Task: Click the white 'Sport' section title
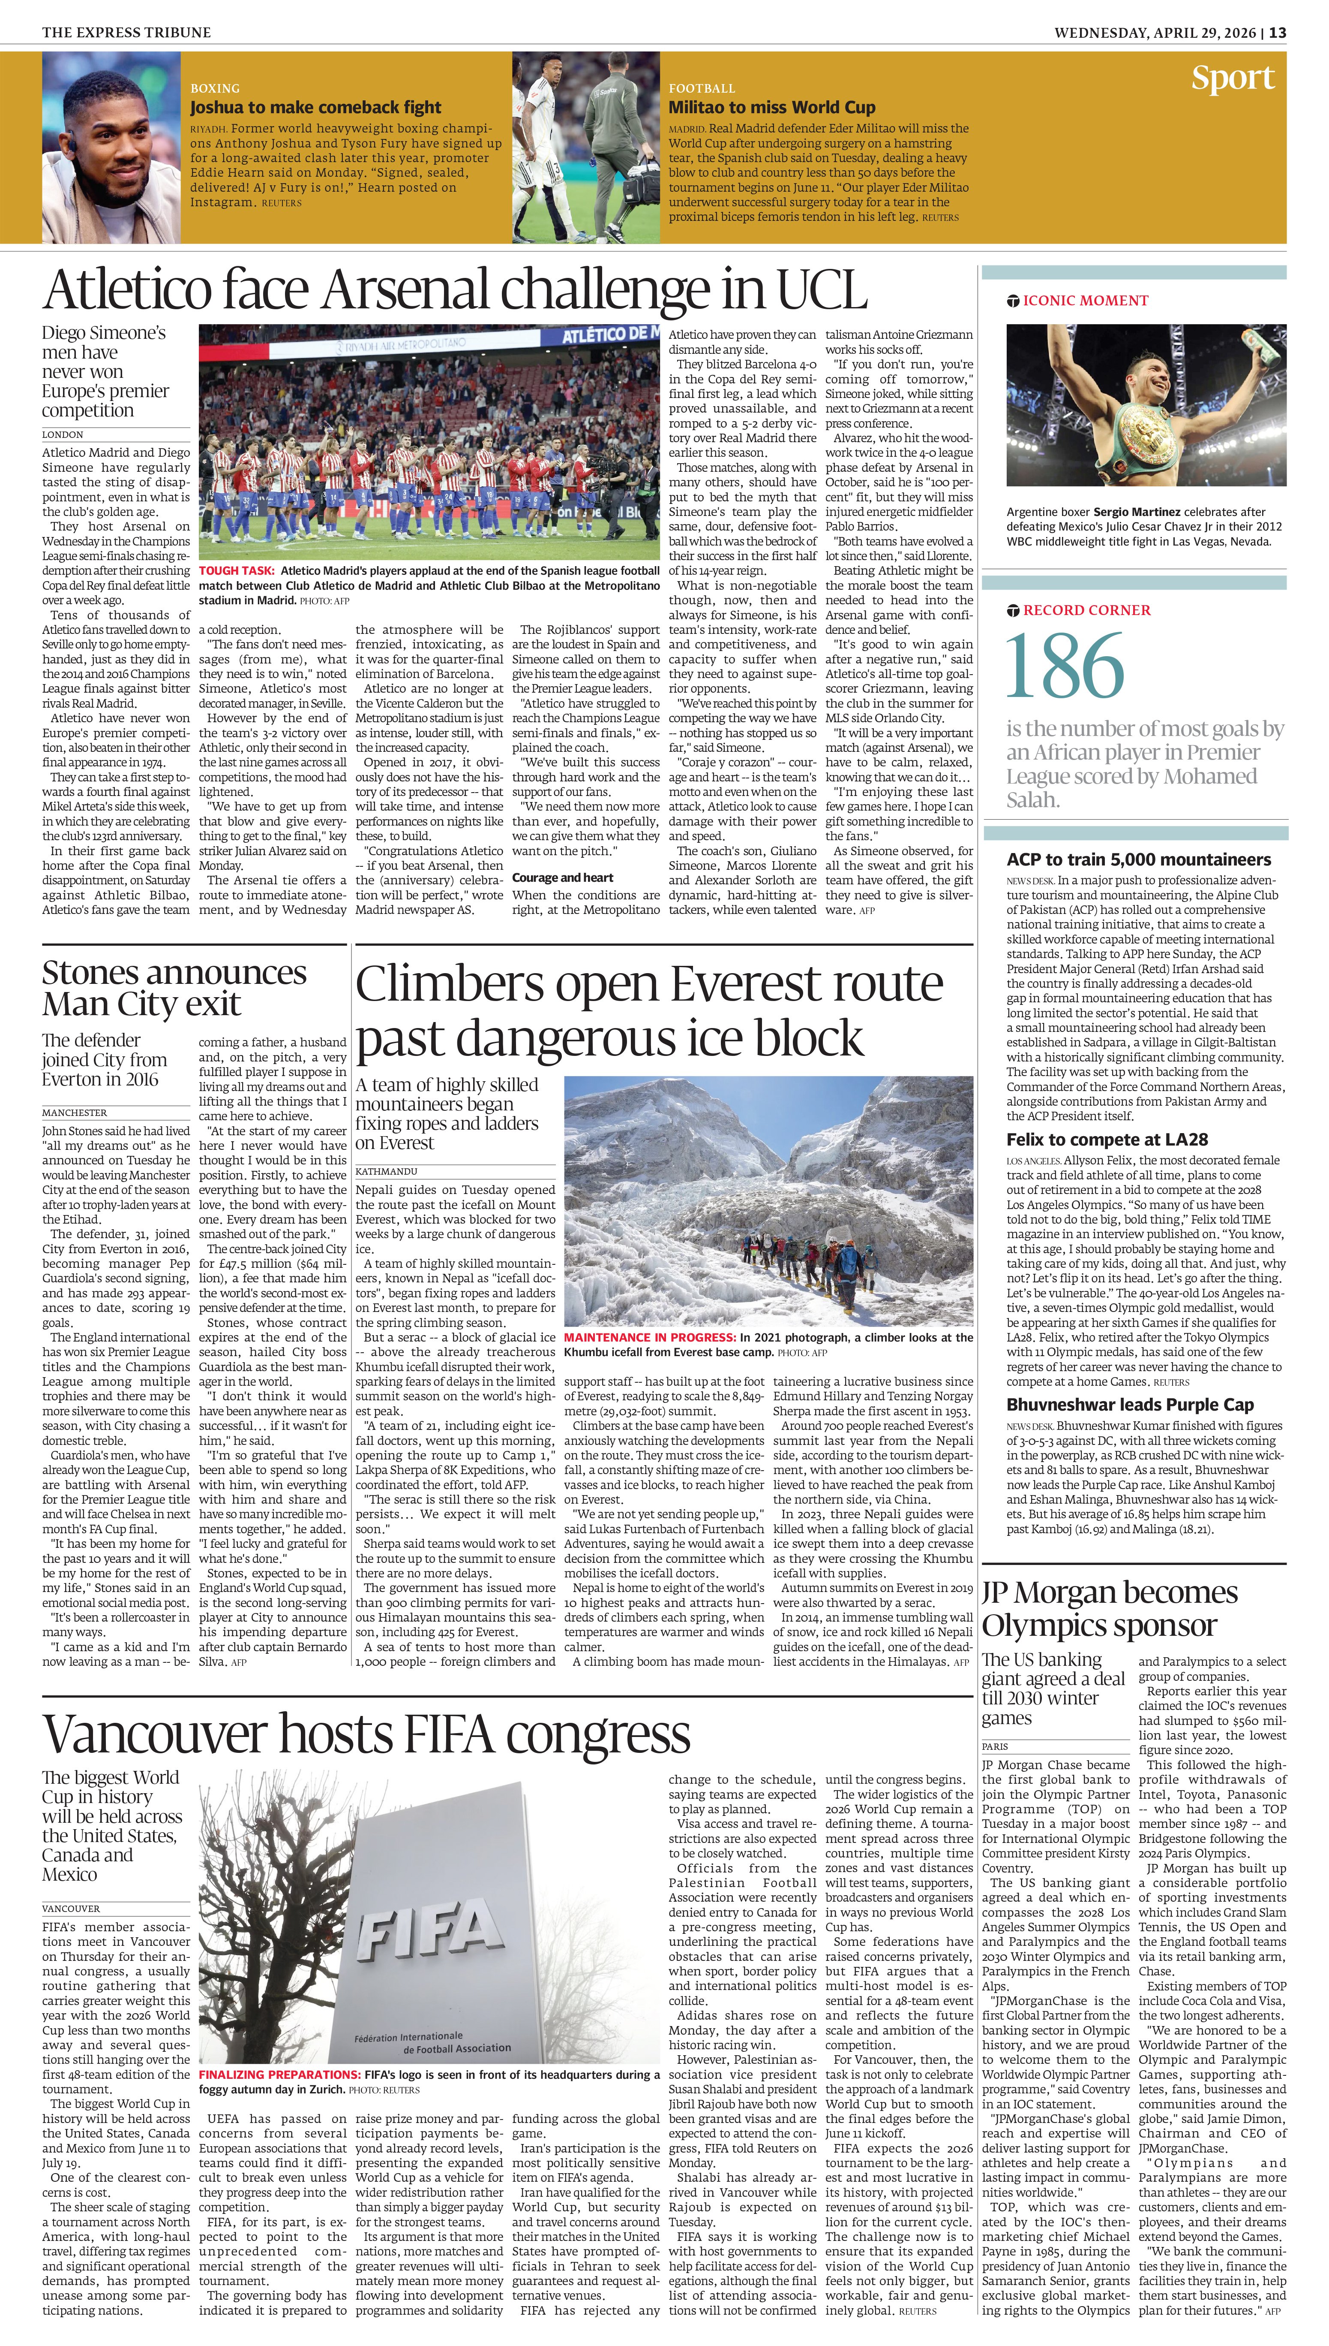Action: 1232,78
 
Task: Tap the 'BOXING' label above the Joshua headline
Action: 215,89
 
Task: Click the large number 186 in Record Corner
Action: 1064,667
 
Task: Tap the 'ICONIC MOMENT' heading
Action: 1085,301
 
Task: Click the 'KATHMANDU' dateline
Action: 386,1171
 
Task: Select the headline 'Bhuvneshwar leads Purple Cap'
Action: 1130,1405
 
